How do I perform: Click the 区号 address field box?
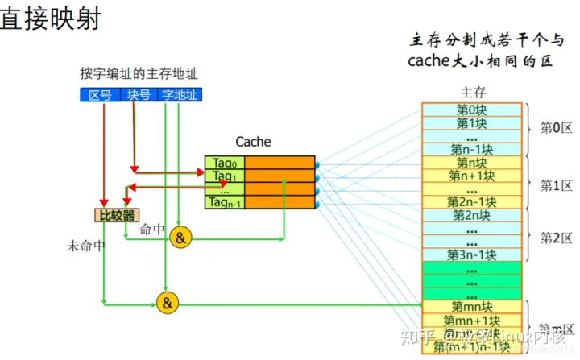pyautogui.click(x=100, y=95)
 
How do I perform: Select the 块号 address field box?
pyautogui.click(x=139, y=95)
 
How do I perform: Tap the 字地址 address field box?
pyautogui.click(x=180, y=95)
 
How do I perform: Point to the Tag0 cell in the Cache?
pyautogui.click(x=224, y=163)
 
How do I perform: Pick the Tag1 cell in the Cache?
pyautogui.click(x=224, y=176)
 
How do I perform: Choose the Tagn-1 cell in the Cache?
pyautogui.click(x=224, y=202)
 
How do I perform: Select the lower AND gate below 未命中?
pyautogui.click(x=167, y=303)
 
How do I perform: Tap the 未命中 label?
pyautogui.click(x=86, y=246)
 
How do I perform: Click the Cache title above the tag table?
pyautogui.click(x=253, y=142)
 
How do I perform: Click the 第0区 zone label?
pyautogui.click(x=556, y=128)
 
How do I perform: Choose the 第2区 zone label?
pyautogui.click(x=556, y=238)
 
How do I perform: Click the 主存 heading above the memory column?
pyautogui.click(x=472, y=91)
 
